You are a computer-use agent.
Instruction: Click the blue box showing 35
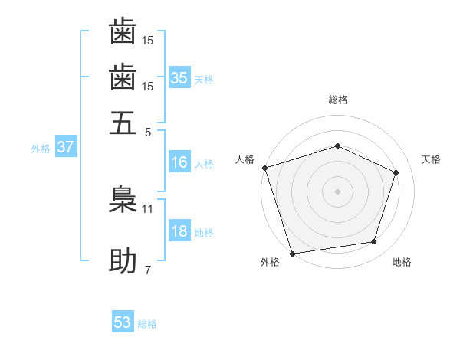click(179, 78)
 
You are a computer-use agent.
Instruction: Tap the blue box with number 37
click(65, 147)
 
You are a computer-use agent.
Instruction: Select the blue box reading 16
click(179, 162)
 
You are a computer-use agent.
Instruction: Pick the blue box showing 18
click(179, 232)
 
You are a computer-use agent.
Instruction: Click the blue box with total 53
click(123, 322)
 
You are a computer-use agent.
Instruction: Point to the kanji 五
click(123, 123)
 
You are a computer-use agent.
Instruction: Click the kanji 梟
click(123, 198)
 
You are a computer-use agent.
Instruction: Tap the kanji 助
click(123, 261)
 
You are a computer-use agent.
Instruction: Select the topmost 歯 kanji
click(123, 32)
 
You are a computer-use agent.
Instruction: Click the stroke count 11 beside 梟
click(148, 208)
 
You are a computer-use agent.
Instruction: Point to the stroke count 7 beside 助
click(148, 270)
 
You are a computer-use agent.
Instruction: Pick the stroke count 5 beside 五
click(148, 131)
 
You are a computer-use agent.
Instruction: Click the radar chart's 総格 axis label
click(337, 100)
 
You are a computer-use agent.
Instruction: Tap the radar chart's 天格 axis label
click(431, 159)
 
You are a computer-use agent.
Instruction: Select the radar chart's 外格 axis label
click(270, 263)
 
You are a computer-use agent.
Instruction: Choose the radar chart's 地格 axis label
click(402, 263)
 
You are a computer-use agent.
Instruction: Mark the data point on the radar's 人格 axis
click(264, 168)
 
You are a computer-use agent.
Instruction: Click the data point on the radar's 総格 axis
click(337, 146)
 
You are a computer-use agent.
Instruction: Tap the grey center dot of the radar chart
click(337, 191)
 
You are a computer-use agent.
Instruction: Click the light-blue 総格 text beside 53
click(147, 324)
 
